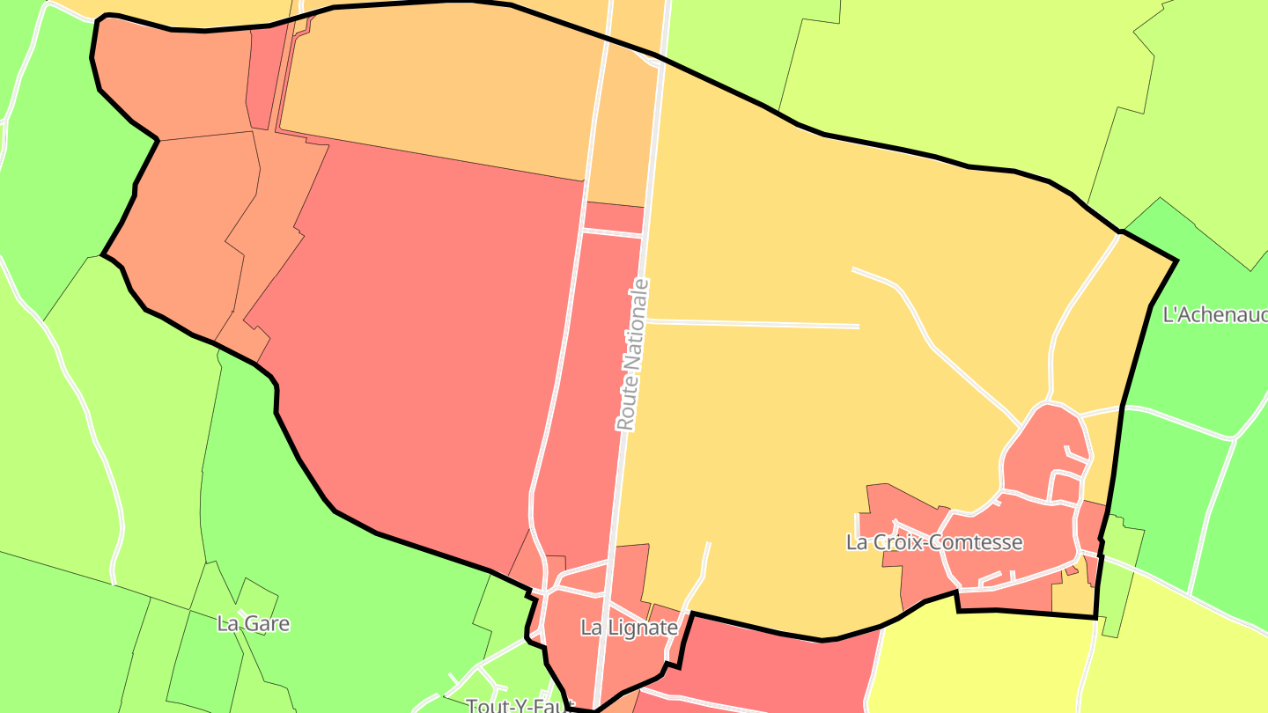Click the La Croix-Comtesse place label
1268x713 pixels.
click(x=934, y=542)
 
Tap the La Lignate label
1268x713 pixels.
click(x=629, y=628)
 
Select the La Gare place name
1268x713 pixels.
click(x=253, y=624)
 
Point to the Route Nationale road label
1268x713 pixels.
click(x=634, y=355)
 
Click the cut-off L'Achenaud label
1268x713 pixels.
click(x=1215, y=314)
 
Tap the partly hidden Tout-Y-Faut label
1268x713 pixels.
click(x=520, y=705)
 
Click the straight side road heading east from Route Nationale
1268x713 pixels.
click(x=753, y=324)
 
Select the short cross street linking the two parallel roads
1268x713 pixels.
click(x=613, y=232)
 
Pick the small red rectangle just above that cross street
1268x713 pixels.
click(x=615, y=217)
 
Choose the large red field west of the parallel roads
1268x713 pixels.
click(x=423, y=352)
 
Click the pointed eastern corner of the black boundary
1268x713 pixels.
click(x=1176, y=261)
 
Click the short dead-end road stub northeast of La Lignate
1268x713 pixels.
click(x=704, y=563)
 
